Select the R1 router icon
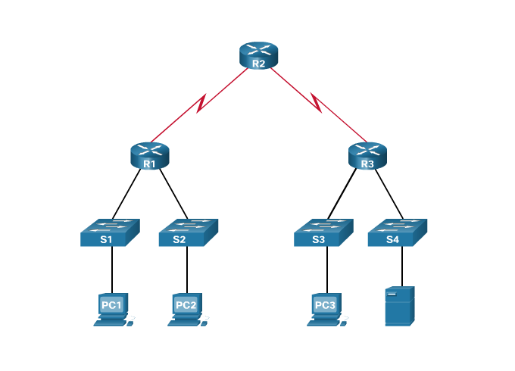click(x=149, y=156)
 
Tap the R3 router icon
click(x=367, y=156)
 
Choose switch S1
click(x=110, y=233)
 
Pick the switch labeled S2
click(x=188, y=233)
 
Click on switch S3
click(x=323, y=233)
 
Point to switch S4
click(x=397, y=233)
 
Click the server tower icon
click(x=399, y=306)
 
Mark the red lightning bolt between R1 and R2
click(x=202, y=104)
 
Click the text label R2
click(x=258, y=64)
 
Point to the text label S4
click(x=392, y=240)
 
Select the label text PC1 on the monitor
click(x=111, y=304)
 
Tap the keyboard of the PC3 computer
click(x=323, y=323)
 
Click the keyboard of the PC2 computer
click(x=183, y=323)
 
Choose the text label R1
click(x=149, y=164)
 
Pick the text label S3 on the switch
click(x=318, y=240)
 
